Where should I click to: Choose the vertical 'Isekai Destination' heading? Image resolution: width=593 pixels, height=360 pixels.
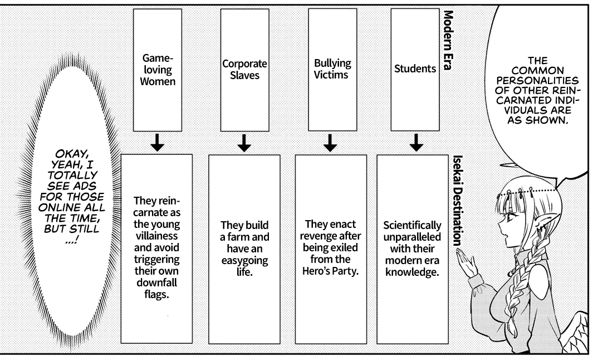click(456, 201)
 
